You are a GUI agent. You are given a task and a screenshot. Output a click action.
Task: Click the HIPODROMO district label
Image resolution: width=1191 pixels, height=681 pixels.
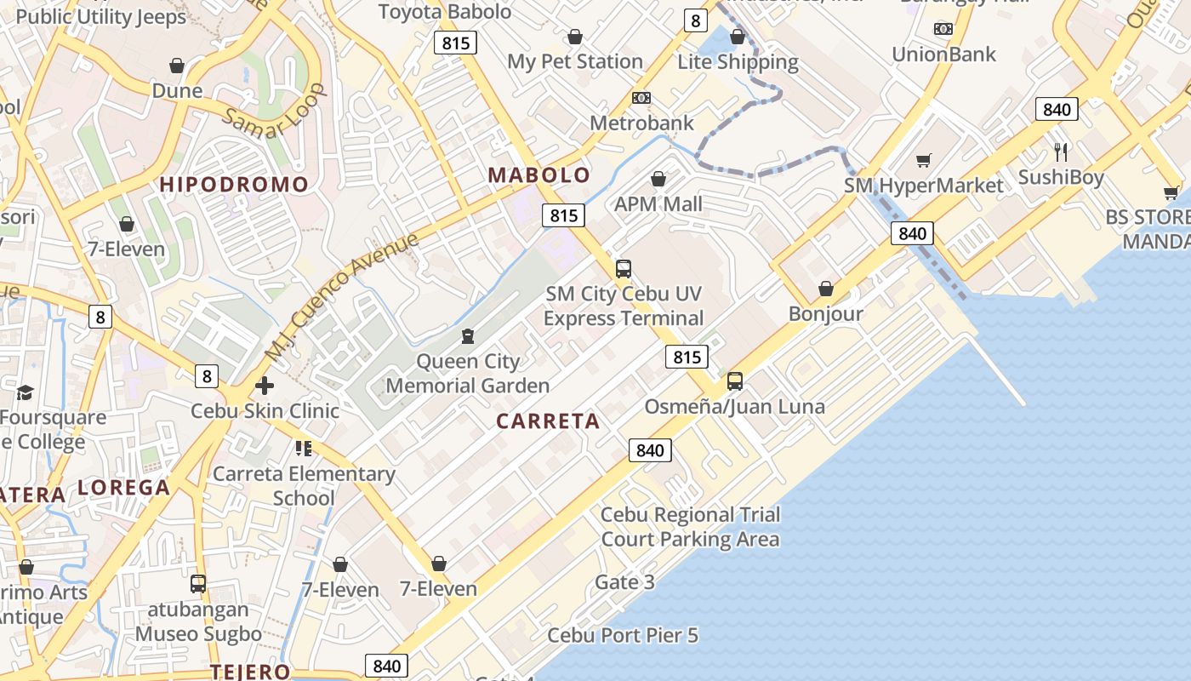pos(234,185)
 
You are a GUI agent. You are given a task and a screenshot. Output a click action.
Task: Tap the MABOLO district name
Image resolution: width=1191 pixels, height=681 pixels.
pos(539,175)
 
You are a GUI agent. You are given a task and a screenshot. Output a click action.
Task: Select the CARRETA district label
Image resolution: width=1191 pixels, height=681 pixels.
pos(548,421)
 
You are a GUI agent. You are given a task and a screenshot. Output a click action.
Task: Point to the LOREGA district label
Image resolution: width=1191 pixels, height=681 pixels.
pos(124,488)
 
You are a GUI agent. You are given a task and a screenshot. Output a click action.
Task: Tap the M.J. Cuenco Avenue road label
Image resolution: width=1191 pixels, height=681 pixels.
pos(342,295)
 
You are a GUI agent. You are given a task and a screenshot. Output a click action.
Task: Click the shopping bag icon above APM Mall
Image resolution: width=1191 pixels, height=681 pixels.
pos(658,179)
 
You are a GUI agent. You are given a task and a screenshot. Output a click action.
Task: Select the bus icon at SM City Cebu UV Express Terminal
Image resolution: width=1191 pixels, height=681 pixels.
pos(624,269)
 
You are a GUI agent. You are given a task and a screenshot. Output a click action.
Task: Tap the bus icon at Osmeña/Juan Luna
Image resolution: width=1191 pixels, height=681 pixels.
pos(734,381)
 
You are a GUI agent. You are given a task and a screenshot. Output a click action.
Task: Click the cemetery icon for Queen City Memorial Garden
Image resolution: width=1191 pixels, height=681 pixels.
pos(467,336)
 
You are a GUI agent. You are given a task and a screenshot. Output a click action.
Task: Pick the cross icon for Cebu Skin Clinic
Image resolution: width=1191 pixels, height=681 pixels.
pos(265,386)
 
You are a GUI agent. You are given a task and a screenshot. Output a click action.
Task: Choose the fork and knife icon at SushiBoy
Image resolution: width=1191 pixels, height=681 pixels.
pos(1061,152)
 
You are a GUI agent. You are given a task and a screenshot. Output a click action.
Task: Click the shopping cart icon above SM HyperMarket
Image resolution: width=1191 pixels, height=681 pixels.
pos(923,160)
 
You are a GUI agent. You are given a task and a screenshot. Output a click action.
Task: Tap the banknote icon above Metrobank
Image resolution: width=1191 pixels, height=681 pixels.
pos(641,98)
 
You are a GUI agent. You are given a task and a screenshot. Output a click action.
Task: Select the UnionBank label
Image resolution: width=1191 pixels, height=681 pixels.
pos(943,54)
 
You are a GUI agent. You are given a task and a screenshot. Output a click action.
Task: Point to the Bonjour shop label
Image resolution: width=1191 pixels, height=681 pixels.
pos(825,314)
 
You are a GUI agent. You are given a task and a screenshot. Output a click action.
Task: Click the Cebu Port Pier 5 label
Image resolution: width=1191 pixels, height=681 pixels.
pos(623,636)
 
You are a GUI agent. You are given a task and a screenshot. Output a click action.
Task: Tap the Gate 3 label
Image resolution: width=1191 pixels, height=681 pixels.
pos(624,582)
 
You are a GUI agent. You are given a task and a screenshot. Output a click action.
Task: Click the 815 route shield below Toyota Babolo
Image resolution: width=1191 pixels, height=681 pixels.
pos(455,43)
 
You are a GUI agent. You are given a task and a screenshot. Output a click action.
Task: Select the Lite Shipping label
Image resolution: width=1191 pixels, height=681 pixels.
pos(738,62)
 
